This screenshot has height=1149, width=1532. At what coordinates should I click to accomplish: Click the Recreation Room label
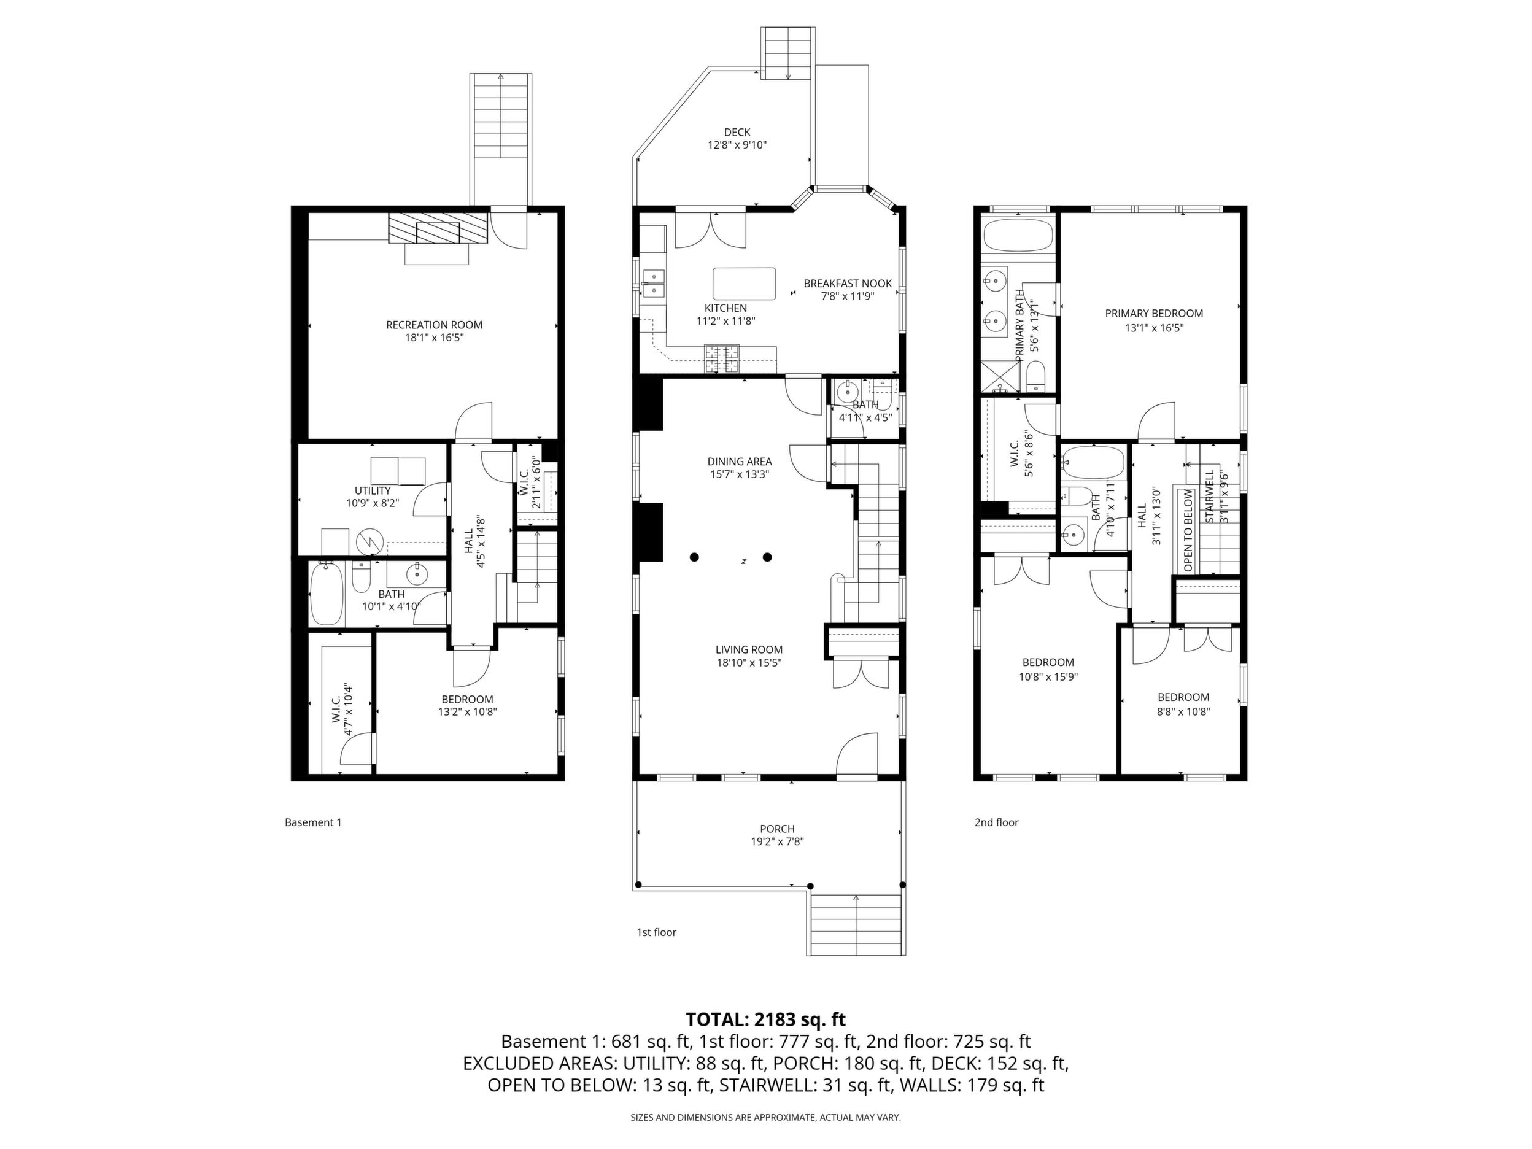(x=435, y=325)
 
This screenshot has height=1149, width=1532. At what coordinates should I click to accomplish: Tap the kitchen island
(x=744, y=284)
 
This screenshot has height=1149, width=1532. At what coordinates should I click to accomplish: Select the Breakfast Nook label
(x=848, y=284)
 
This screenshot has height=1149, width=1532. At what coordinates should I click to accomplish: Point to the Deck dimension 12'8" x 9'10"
(x=737, y=145)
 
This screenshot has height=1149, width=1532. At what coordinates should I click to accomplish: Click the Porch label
(x=777, y=829)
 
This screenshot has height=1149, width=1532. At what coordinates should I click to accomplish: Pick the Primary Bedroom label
(x=1154, y=314)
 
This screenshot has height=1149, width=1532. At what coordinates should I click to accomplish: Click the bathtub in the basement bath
(x=326, y=594)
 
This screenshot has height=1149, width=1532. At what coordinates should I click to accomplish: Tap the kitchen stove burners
(x=722, y=359)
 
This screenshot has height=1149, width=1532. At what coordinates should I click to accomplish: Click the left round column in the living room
(x=694, y=557)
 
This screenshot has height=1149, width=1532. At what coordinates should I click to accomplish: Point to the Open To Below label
(x=1188, y=531)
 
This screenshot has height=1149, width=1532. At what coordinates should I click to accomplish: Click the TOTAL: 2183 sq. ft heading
(x=765, y=1019)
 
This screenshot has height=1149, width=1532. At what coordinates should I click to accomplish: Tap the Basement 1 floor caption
(x=313, y=823)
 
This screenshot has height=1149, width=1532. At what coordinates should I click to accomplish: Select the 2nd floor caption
(x=997, y=823)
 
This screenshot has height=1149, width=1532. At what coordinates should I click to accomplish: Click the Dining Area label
(x=739, y=462)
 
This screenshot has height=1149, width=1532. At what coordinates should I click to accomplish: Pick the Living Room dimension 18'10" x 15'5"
(x=749, y=663)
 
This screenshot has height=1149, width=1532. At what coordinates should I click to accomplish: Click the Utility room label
(x=373, y=491)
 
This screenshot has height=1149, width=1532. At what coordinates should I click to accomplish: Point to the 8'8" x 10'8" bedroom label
(x=1183, y=711)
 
